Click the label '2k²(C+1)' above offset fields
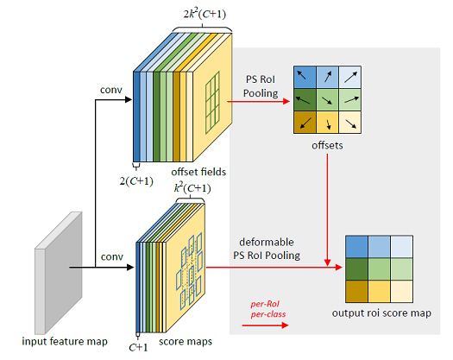pyautogui.click(x=204, y=14)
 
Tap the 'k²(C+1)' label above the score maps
pyautogui.click(x=192, y=188)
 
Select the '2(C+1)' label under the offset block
pyautogui.click(x=136, y=180)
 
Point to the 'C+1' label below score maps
pyautogui.click(x=138, y=347)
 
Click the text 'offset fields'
pyautogui.click(x=198, y=172)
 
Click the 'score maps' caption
pyautogui.click(x=186, y=342)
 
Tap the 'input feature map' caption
pyautogui.click(x=65, y=342)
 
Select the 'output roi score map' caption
pyautogui.click(x=381, y=313)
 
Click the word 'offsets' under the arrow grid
pyautogui.click(x=327, y=145)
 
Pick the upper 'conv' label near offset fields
pyautogui.click(x=111, y=90)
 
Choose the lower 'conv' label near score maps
pyautogui.click(x=112, y=256)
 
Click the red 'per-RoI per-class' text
pyautogui.click(x=268, y=309)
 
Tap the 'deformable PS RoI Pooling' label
pyautogui.click(x=267, y=249)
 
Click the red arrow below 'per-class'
pyautogui.click(x=265, y=325)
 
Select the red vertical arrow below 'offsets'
pyautogui.click(x=327, y=210)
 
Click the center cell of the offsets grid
pyautogui.click(x=327, y=100)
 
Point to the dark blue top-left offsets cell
pyautogui.click(x=305, y=77)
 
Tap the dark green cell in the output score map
pyautogui.click(x=357, y=268)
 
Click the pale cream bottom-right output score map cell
pyautogui.click(x=401, y=292)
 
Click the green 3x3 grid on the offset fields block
pyautogui.click(x=212, y=103)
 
